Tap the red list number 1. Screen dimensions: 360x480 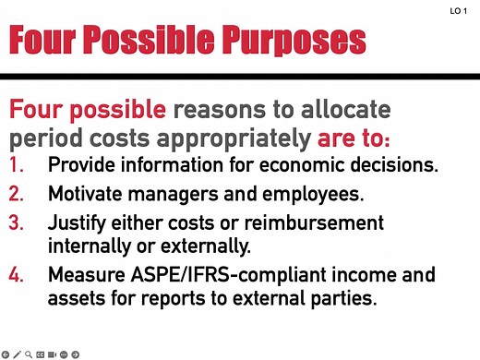[x=18, y=166]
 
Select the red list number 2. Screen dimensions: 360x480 [x=18, y=195]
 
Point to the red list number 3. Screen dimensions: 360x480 [x=18, y=223]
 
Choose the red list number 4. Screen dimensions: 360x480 [x=18, y=276]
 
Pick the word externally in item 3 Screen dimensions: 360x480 [x=198, y=246]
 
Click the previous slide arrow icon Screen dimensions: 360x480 [x=6, y=354]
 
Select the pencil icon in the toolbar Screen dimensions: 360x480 [x=18, y=354]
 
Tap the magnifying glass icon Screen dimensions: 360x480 [x=29, y=354]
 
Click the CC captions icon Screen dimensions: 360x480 [x=41, y=354]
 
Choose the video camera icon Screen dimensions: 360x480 [x=53, y=354]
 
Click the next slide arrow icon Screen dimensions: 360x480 [x=76, y=354]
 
